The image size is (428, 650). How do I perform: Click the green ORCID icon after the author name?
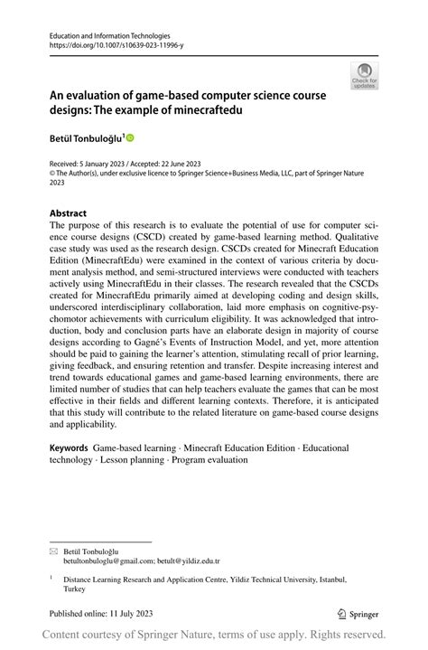[x=130, y=137]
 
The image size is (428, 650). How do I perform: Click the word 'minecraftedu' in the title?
[x=209, y=110]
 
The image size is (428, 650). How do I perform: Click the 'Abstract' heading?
[x=69, y=214]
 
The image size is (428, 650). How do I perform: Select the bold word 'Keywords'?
[x=69, y=447]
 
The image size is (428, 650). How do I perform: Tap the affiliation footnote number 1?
[x=51, y=576]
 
